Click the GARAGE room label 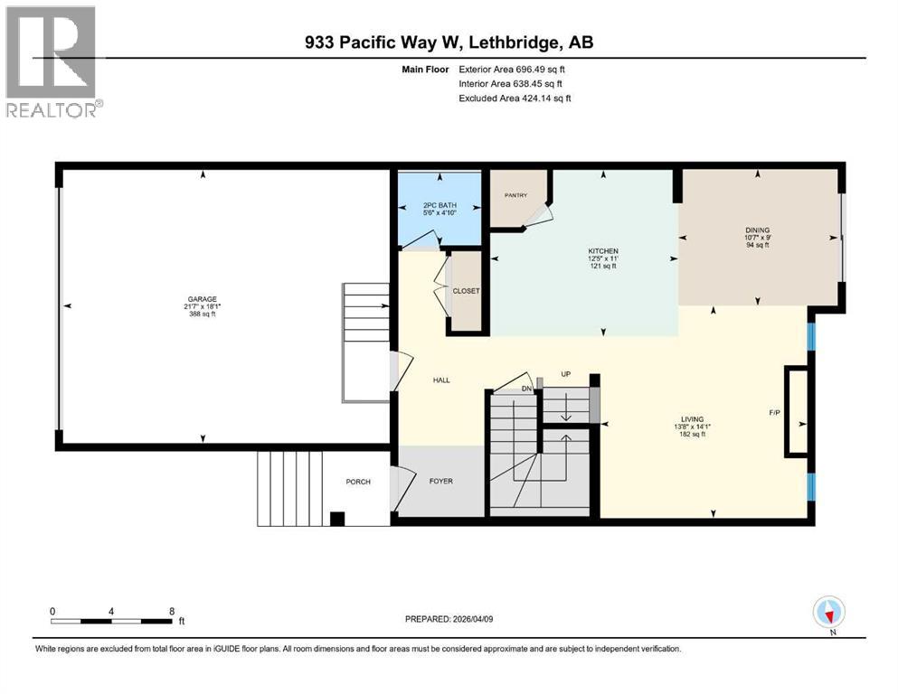point(202,299)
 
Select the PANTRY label point(515,195)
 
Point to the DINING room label point(756,230)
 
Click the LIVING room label point(693,418)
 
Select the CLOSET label point(467,291)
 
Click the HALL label point(440,380)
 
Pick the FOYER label point(440,481)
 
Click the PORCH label point(358,482)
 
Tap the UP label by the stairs point(565,373)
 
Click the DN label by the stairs point(527,389)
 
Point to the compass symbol point(828,613)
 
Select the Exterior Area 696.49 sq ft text point(513,69)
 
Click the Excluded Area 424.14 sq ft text point(515,98)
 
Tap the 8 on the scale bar point(171,611)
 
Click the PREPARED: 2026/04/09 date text point(449,619)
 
